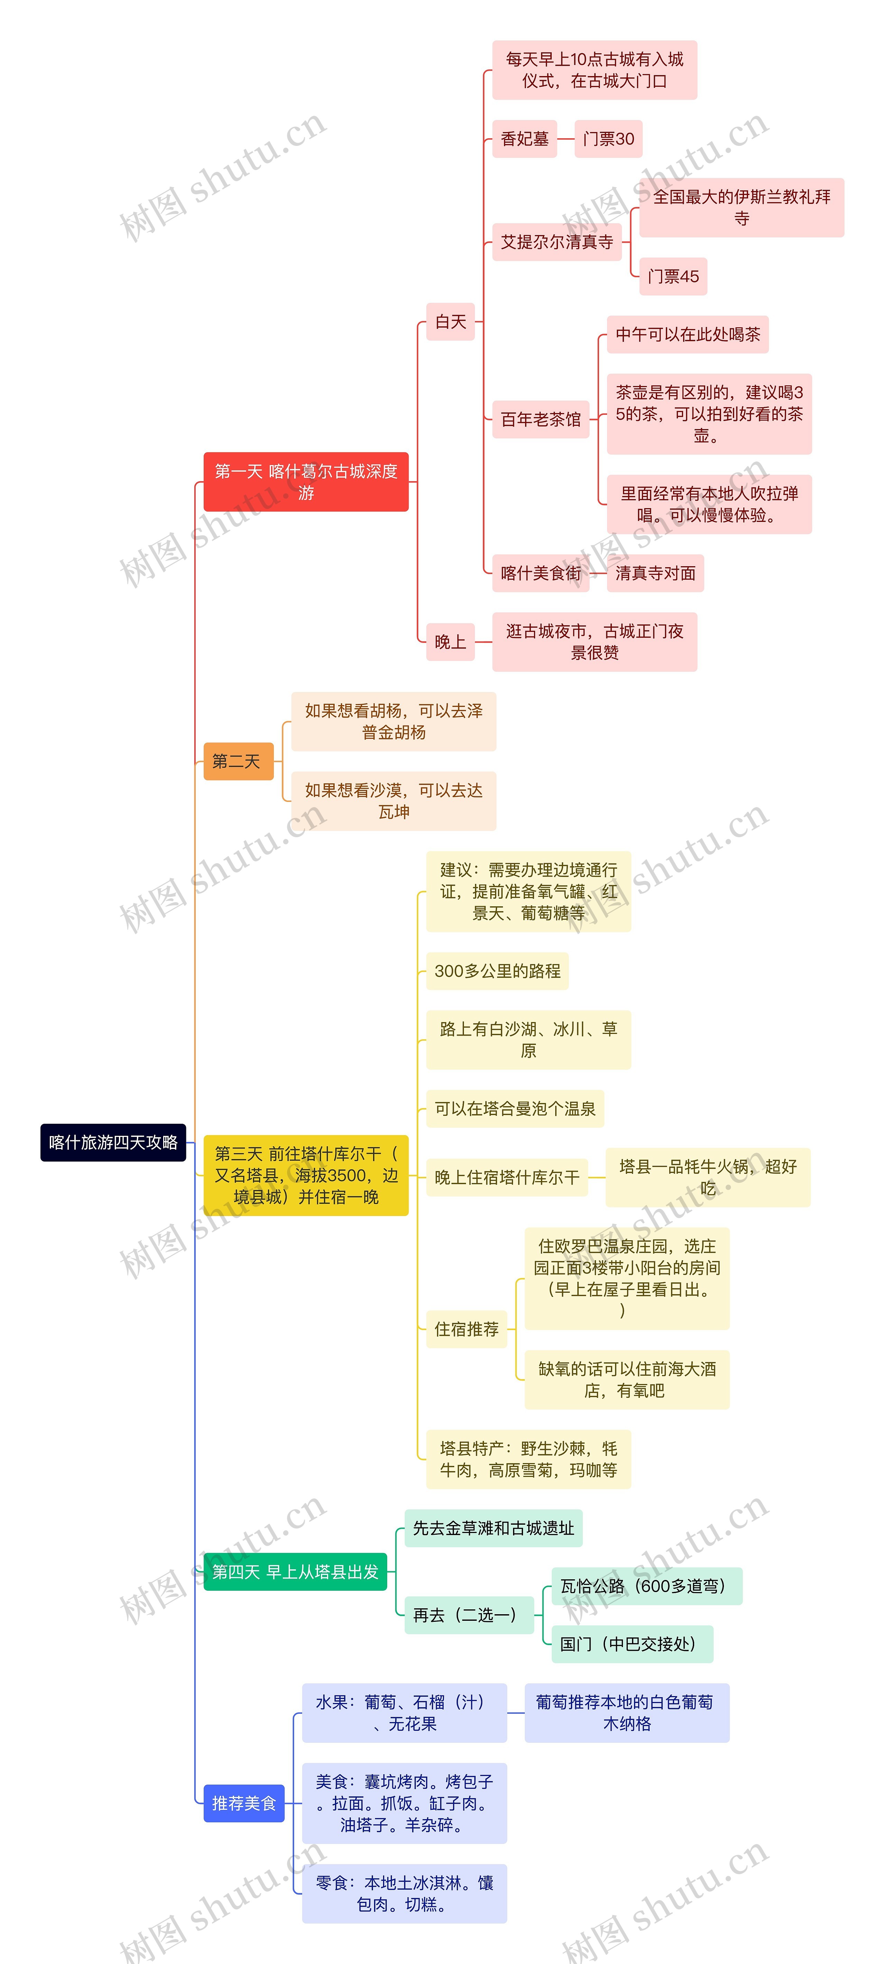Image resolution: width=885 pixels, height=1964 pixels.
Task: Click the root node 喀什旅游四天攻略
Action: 113,1142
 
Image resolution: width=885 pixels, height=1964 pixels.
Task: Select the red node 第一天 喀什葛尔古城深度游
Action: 306,482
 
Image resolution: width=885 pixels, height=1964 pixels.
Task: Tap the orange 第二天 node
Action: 238,761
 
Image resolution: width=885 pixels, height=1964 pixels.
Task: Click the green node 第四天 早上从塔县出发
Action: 295,1571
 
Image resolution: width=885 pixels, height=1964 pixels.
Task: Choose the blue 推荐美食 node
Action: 244,1803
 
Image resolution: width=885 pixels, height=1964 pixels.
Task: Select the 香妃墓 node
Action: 524,139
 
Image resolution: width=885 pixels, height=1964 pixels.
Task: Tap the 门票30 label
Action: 608,139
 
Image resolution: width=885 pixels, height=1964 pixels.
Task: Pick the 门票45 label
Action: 673,276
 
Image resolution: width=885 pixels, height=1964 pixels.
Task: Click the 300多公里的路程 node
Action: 497,971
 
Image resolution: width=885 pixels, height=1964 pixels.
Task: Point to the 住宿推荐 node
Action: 466,1329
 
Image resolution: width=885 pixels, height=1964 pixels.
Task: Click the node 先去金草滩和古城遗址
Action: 493,1528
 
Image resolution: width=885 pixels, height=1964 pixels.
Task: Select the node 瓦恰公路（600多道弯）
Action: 646,1586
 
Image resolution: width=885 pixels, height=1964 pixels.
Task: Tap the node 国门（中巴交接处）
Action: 632,1644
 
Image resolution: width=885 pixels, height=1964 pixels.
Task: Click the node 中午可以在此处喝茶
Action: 688,334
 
